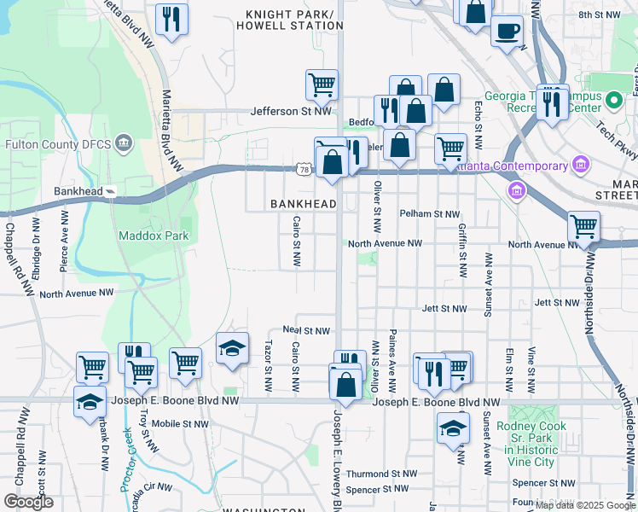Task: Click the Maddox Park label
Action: [141, 235]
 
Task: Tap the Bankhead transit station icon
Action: [110, 191]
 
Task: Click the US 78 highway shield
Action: [304, 171]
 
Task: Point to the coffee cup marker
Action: [507, 31]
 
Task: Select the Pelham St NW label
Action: [429, 214]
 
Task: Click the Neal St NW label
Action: [306, 330]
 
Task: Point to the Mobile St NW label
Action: [180, 423]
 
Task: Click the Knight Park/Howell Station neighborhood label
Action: [293, 20]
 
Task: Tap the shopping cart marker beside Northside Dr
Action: [583, 227]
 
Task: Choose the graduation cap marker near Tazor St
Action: [232, 348]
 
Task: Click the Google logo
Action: [28, 502]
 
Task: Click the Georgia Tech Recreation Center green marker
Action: [613, 102]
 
